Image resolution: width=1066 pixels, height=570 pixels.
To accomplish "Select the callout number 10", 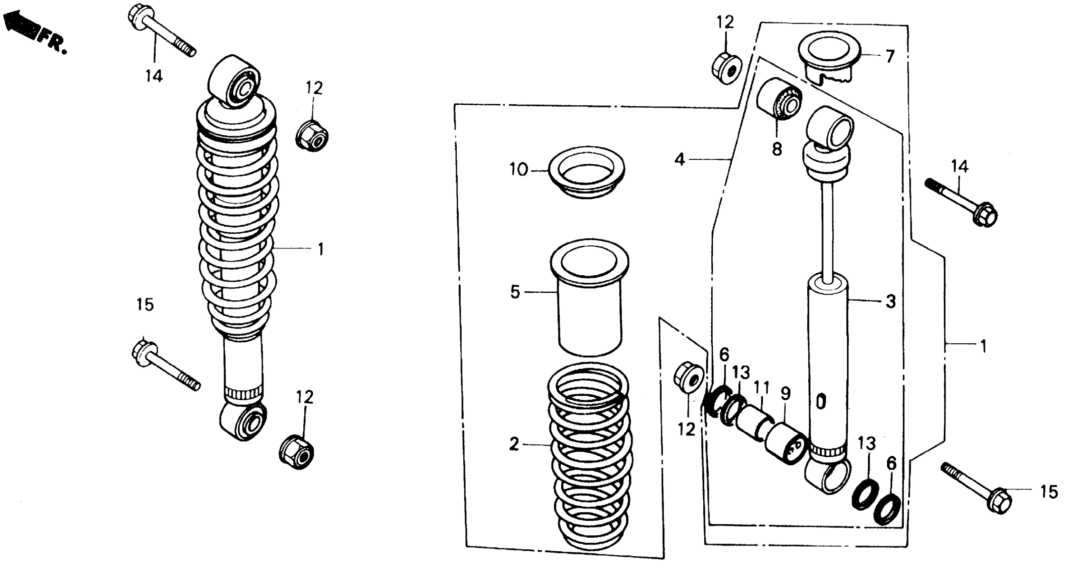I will (519, 169).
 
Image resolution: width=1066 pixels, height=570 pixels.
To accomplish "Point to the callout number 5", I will (515, 292).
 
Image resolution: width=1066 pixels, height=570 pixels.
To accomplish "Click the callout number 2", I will (514, 444).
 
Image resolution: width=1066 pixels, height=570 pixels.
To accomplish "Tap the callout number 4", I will (679, 159).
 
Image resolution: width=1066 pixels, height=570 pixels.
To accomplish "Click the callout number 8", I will (777, 149).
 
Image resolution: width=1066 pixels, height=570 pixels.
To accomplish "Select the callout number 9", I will (785, 394).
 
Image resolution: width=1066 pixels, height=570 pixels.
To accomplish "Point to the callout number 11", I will (761, 388).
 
